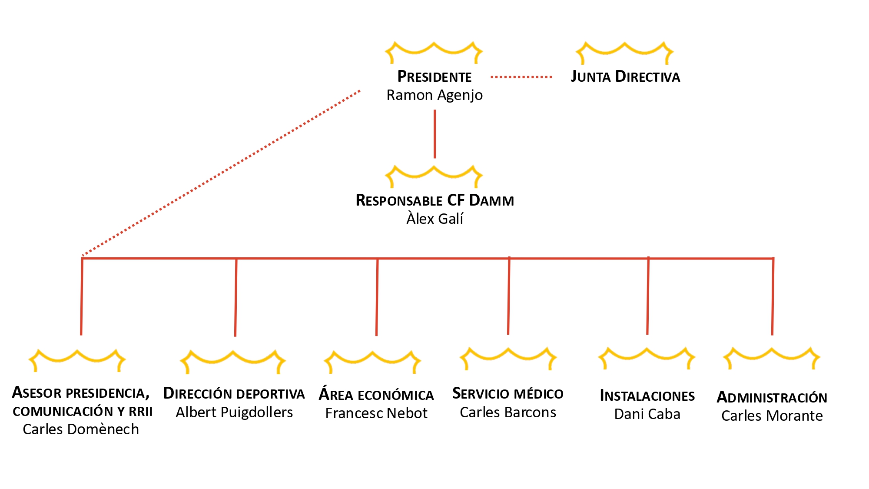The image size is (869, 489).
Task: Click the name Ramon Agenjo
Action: [x=434, y=95]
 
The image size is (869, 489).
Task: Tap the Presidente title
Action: [x=434, y=77]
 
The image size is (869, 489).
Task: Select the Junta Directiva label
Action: [x=625, y=77]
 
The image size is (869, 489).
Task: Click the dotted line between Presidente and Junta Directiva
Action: [x=521, y=77]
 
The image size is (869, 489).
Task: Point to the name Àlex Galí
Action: [x=434, y=219]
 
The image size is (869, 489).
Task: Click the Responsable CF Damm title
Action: [x=434, y=200]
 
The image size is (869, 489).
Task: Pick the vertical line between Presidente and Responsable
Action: [x=434, y=134]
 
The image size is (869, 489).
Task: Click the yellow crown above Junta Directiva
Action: [x=624, y=51]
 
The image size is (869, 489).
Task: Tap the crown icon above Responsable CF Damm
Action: [x=434, y=175]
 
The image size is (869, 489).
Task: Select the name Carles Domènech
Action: [x=81, y=429]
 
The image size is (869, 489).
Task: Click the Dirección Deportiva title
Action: [x=234, y=394]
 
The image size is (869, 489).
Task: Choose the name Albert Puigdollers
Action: [x=234, y=412]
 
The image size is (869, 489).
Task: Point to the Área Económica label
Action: [x=376, y=395]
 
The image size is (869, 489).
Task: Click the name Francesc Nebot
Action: [x=376, y=413]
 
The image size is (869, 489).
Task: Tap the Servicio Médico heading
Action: [x=508, y=394]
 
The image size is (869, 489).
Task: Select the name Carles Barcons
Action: [x=508, y=412]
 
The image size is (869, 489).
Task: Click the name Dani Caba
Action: [x=647, y=414]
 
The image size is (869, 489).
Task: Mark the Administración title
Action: [x=772, y=397]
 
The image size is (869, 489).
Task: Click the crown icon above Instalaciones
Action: [x=647, y=357]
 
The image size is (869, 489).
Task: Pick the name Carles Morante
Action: [x=772, y=416]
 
